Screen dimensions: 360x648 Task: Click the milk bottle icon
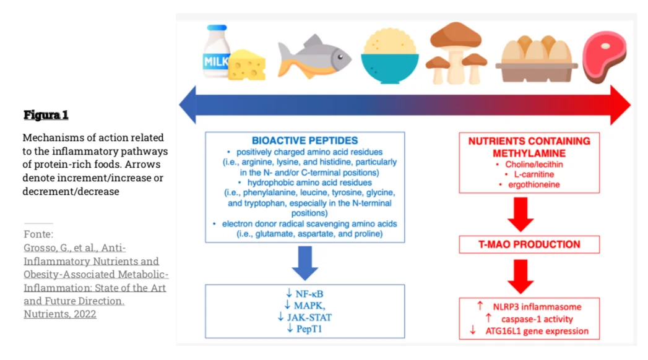pos(216,51)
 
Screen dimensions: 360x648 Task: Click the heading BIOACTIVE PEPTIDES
pos(305,140)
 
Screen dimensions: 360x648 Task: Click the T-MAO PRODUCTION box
pos(529,244)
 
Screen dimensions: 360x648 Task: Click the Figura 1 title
pos(46,115)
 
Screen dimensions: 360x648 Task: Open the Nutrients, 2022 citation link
pos(60,314)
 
